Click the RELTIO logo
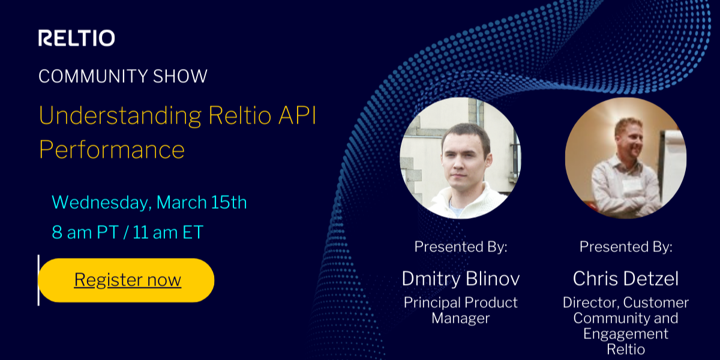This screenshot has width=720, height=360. pyautogui.click(x=77, y=38)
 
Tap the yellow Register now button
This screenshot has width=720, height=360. pyautogui.click(x=127, y=280)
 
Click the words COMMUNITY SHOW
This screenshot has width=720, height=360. pyautogui.click(x=123, y=76)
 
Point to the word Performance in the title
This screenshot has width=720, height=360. pyautogui.click(x=112, y=149)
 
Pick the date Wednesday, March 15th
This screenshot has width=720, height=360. pyautogui.click(x=149, y=202)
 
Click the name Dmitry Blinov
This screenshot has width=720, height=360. pyautogui.click(x=460, y=278)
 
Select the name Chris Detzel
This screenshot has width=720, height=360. pyautogui.click(x=625, y=278)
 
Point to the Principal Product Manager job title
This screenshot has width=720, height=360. pyautogui.click(x=460, y=310)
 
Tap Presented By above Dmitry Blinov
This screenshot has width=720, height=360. pyautogui.click(x=460, y=247)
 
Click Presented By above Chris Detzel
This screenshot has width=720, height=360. pyautogui.click(x=625, y=247)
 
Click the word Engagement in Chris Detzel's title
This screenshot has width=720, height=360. pyautogui.click(x=625, y=334)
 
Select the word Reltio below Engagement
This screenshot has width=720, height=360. pyautogui.click(x=625, y=349)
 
